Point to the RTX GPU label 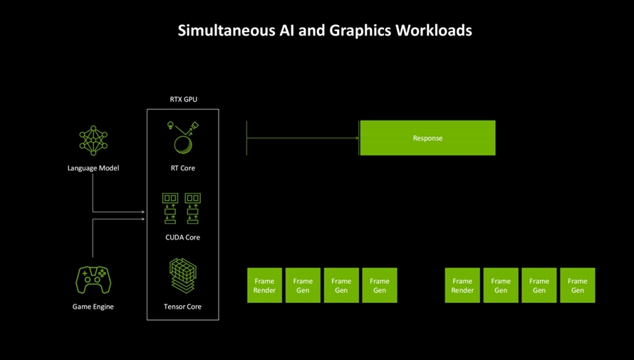tap(184, 99)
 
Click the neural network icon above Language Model tap(93, 140)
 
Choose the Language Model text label tap(93, 168)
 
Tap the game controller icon tap(93, 279)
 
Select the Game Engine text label tap(93, 307)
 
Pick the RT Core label tap(183, 168)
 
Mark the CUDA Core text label tap(183, 237)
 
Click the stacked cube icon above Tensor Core tap(183, 275)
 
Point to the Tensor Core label tap(183, 307)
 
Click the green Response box tap(427, 138)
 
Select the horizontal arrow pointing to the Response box tap(303, 138)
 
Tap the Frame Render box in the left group tap(264, 285)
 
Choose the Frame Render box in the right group tap(462, 285)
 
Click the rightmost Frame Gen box tap(578, 285)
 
